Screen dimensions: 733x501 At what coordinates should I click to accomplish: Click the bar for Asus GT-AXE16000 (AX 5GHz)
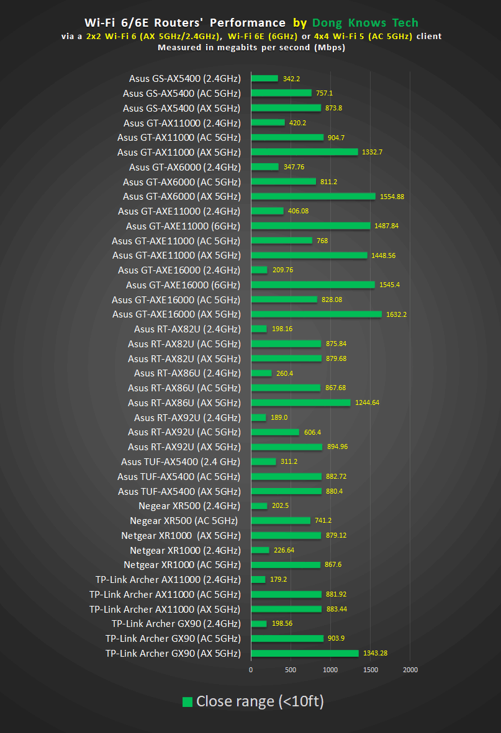click(316, 314)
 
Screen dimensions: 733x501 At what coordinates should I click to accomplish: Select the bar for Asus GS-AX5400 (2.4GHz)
click(264, 78)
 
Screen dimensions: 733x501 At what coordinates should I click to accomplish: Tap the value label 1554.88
click(392, 197)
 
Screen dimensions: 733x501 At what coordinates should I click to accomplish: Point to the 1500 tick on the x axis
click(370, 670)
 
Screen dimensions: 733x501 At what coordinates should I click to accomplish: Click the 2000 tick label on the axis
click(410, 670)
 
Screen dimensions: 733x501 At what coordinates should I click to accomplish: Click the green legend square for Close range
click(187, 702)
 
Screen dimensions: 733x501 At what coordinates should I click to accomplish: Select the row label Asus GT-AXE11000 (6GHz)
click(183, 226)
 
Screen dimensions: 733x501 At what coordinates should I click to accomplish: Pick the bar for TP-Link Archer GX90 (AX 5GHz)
click(305, 653)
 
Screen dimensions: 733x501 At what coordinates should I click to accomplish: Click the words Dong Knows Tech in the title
click(364, 23)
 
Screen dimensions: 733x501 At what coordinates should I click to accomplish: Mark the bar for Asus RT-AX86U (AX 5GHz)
click(300, 403)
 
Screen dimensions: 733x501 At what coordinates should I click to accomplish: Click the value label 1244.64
click(367, 403)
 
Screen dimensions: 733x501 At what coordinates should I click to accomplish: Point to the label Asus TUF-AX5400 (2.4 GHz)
click(181, 462)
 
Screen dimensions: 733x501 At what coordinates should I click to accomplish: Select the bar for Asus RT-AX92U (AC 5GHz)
click(275, 432)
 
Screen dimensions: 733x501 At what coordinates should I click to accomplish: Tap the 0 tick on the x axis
click(251, 670)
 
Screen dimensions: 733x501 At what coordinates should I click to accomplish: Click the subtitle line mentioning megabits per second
click(251, 47)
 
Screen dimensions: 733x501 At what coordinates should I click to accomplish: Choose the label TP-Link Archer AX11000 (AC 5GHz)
click(165, 595)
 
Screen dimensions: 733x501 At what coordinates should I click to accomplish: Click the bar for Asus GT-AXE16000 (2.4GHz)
click(259, 270)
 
